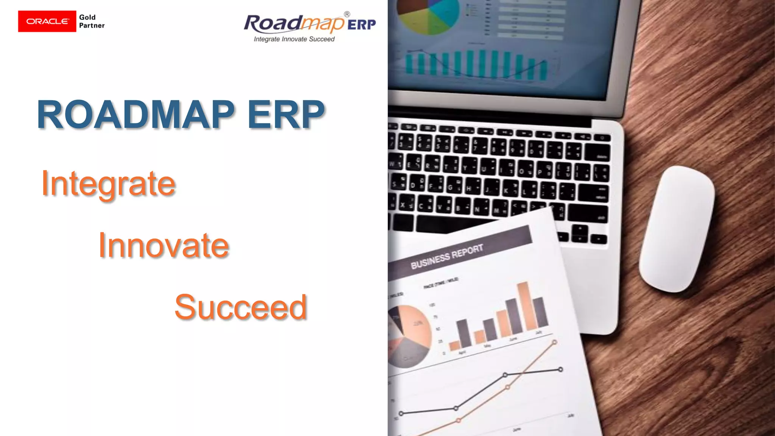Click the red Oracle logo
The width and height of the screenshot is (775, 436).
coord(47,21)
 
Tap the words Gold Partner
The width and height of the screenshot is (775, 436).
coord(92,21)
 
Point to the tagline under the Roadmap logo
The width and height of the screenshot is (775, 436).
coord(294,39)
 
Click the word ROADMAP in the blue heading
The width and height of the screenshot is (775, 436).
coord(136,114)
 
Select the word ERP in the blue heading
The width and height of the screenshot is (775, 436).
coord(286,114)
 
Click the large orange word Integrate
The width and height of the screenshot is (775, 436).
coord(108,184)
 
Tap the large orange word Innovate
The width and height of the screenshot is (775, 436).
coord(163,246)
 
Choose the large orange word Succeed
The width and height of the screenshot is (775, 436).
coord(240,307)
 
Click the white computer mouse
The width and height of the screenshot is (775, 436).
coord(677,229)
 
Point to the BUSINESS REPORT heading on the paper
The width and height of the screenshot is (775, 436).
coord(447,256)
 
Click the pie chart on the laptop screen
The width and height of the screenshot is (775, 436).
coord(428,15)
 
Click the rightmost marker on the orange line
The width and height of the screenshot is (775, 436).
coord(554,342)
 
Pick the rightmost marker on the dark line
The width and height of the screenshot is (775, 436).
coord(560,369)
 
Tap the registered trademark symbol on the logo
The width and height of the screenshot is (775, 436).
coord(347,14)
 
